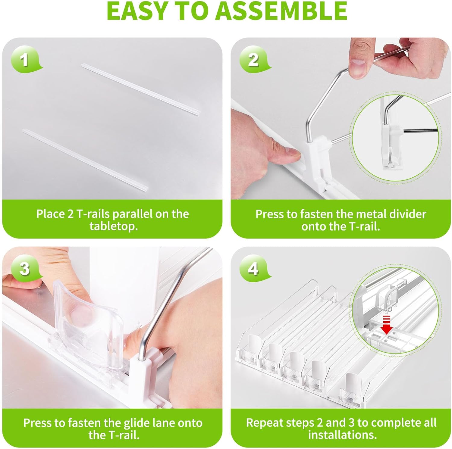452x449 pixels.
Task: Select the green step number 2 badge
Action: pyautogui.click(x=254, y=59)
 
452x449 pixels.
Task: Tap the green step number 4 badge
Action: pyautogui.click(x=254, y=268)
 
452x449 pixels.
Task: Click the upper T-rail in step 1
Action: pyautogui.click(x=141, y=89)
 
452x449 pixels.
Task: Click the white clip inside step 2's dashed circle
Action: pyautogui.click(x=391, y=142)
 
